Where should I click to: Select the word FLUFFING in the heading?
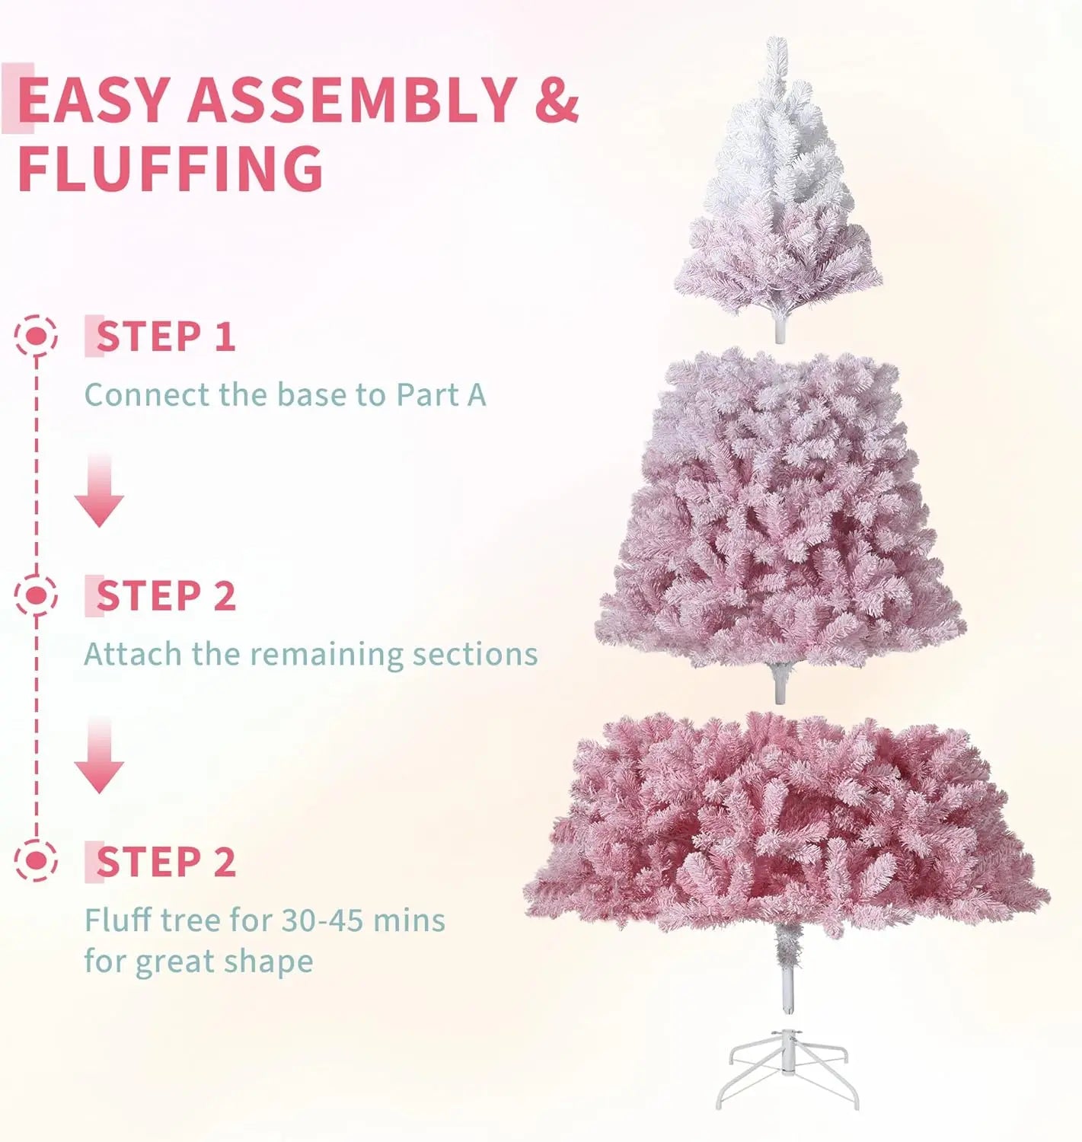tap(171, 168)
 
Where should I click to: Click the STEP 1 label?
tap(165, 337)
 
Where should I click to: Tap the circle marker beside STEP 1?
tap(36, 336)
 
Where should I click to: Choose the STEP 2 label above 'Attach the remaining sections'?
tap(165, 595)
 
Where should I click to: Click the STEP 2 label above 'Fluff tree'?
tap(165, 862)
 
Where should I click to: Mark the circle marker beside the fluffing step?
tap(36, 861)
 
